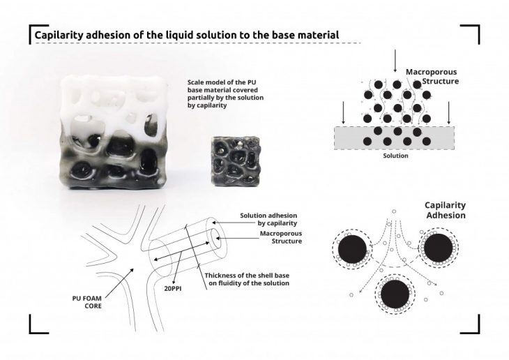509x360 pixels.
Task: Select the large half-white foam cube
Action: click(114, 133)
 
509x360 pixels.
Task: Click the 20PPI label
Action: click(173, 288)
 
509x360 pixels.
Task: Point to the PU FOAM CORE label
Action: click(87, 302)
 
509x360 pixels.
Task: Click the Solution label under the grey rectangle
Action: click(395, 156)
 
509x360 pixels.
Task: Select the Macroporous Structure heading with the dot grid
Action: click(432, 76)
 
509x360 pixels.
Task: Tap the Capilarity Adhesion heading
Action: click(446, 210)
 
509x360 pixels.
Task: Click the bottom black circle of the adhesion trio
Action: click(395, 294)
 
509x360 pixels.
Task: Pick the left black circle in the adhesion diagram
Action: click(353, 249)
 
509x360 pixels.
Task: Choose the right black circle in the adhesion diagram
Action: click(439, 248)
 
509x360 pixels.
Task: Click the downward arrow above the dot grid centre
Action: click(395, 61)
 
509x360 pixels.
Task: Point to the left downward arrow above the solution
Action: click(343, 113)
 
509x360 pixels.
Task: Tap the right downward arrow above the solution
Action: click(449, 113)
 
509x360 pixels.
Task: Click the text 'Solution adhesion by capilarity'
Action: click(268, 219)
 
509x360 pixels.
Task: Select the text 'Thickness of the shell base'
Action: click(247, 276)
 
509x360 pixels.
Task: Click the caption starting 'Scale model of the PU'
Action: click(225, 94)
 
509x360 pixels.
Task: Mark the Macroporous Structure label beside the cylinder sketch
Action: click(281, 237)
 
